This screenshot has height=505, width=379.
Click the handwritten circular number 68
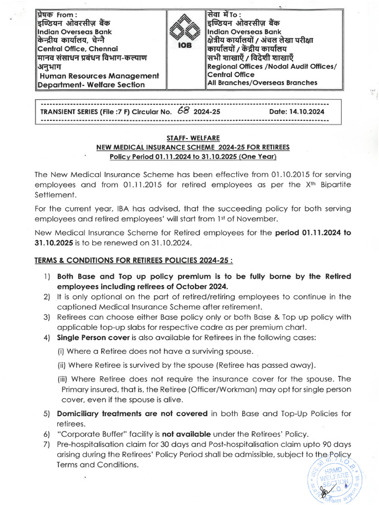point(183,111)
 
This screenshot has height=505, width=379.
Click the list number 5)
point(47,413)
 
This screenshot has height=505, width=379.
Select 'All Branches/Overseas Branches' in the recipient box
point(262,83)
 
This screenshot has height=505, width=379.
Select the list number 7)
point(47,444)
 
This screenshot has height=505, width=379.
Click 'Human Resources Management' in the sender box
point(99,75)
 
